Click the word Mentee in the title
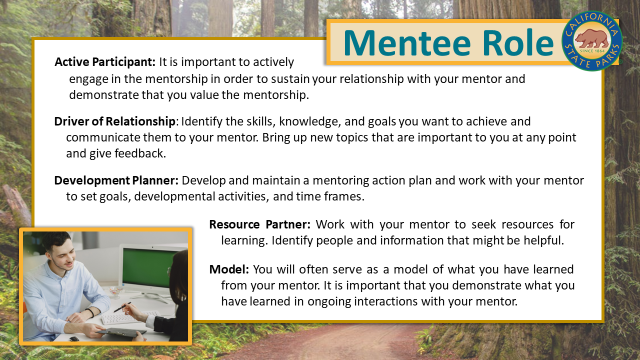(x=406, y=43)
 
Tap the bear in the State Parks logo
(x=592, y=39)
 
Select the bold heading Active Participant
(x=105, y=62)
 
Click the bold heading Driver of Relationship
(x=115, y=121)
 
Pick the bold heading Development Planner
(x=116, y=180)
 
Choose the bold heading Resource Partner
(x=259, y=224)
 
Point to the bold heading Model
(x=228, y=269)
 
